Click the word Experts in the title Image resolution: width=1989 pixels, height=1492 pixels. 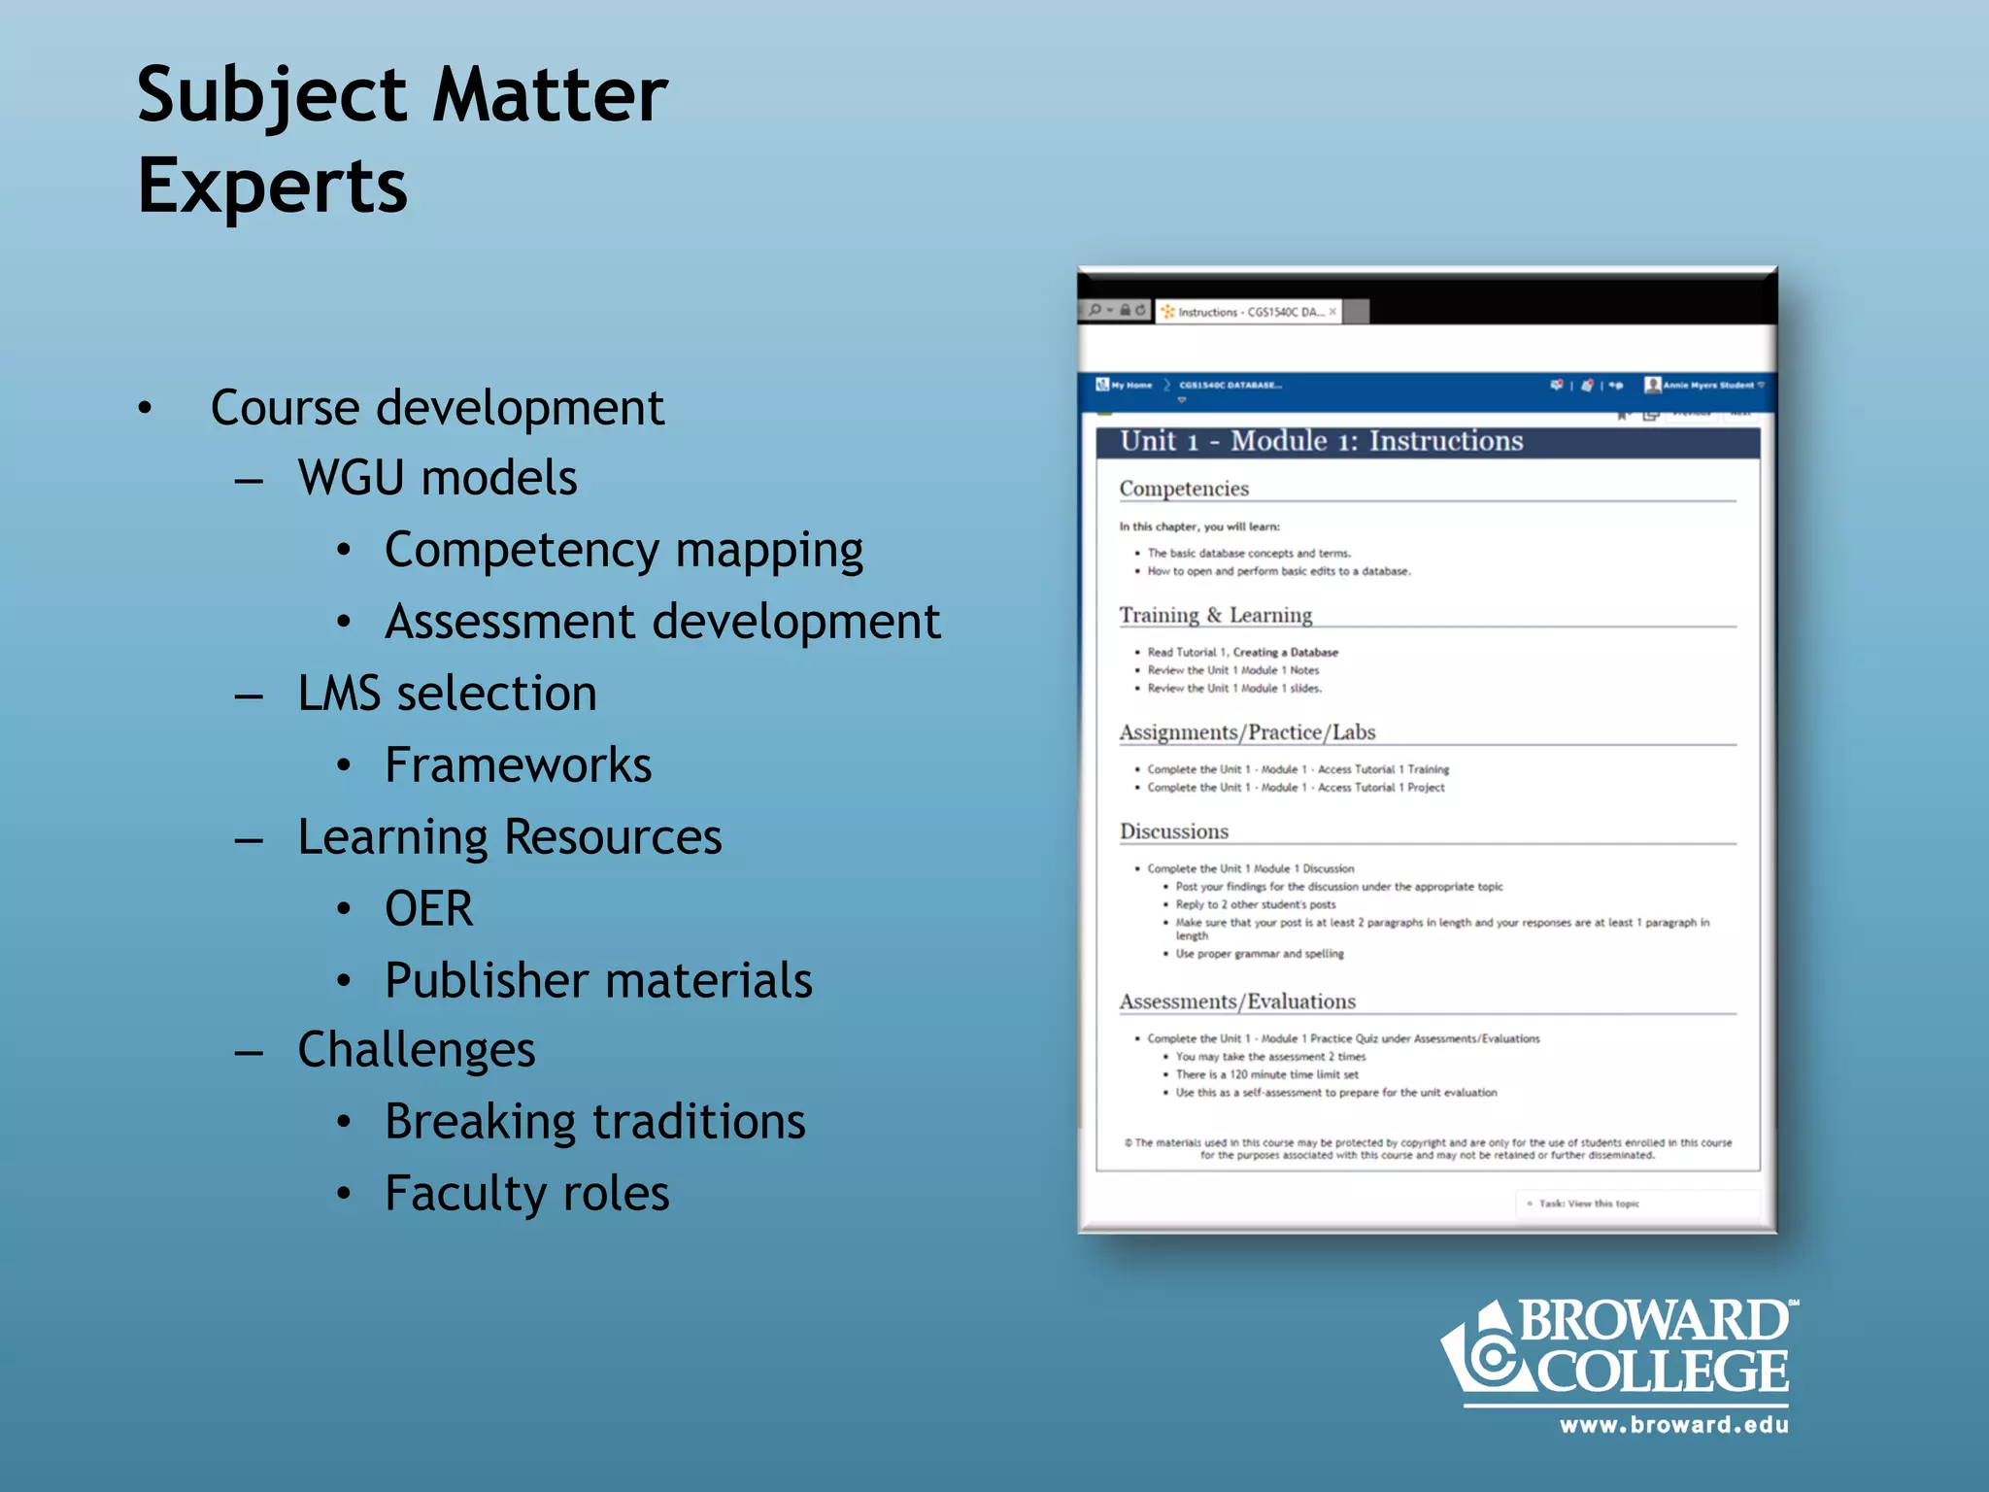pyautogui.click(x=272, y=186)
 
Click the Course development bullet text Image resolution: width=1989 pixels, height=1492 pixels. pyautogui.click(x=437, y=408)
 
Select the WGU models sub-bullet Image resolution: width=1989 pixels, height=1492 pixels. pyautogui.click(x=437, y=478)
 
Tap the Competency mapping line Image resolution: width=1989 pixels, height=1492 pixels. pyautogui.click(x=624, y=551)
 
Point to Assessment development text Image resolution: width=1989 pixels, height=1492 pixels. pyautogui.click(x=662, y=622)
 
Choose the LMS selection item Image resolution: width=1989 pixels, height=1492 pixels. pyautogui.click(x=447, y=694)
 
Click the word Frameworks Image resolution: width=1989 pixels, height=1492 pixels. pyautogui.click(x=518, y=765)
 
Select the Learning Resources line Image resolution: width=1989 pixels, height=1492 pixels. pyautogui.click(x=509, y=837)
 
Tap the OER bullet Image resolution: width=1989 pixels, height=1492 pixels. pyautogui.click(x=428, y=909)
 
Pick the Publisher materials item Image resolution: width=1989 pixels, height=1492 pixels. pyautogui.click(x=598, y=980)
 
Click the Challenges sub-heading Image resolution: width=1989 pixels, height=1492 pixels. pyautogui.click(x=416, y=1050)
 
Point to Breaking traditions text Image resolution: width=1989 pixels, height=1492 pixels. pyautogui.click(x=594, y=1122)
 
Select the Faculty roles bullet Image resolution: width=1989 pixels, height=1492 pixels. pyautogui.click(x=526, y=1194)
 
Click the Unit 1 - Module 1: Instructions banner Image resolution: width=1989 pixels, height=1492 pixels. pyautogui.click(x=1321, y=441)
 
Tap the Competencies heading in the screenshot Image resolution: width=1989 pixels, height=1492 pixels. pyautogui.click(x=1183, y=489)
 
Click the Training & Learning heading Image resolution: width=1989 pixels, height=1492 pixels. pyautogui.click(x=1215, y=615)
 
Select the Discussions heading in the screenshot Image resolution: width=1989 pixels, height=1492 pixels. pyautogui.click(x=1173, y=831)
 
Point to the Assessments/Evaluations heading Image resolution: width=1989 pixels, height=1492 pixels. pyautogui.click(x=1236, y=1001)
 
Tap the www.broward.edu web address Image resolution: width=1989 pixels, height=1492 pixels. pyautogui.click(x=1672, y=1425)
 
